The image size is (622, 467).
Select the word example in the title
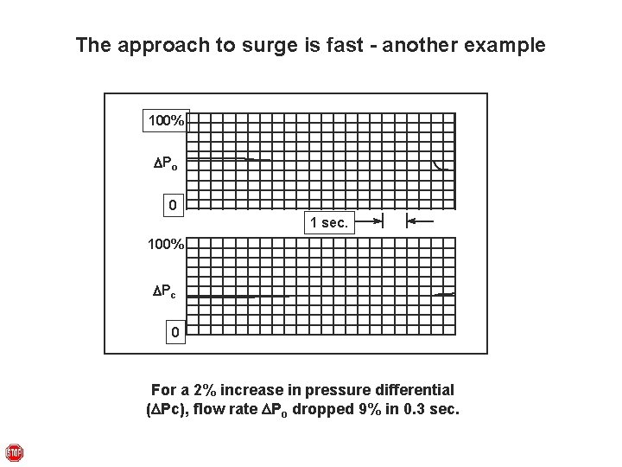point(507,45)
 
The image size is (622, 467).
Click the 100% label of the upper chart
point(165,121)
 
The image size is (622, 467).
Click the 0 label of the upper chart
point(174,206)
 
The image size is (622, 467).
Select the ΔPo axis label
point(166,163)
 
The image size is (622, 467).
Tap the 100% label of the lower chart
point(165,245)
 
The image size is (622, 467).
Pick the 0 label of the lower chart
point(174,332)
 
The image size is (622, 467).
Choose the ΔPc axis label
point(166,291)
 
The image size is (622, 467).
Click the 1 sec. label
point(329,223)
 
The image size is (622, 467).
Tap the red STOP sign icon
point(14,453)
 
